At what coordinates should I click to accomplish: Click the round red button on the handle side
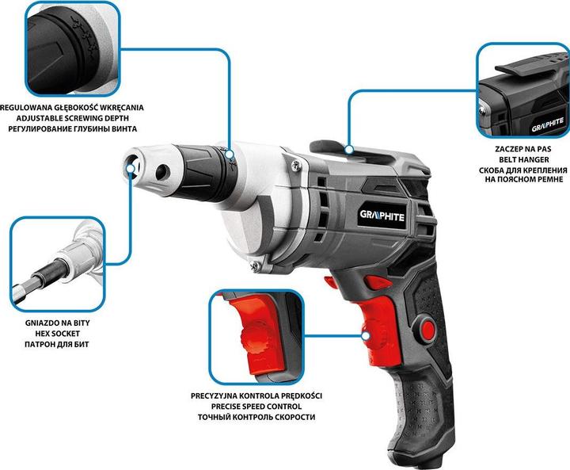pos(429,327)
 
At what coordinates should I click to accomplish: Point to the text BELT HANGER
pos(522,159)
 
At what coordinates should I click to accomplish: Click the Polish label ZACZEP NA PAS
pos(522,147)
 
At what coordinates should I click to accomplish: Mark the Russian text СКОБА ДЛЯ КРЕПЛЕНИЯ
pos(522,170)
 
